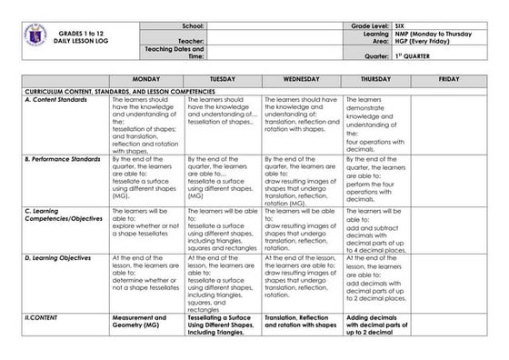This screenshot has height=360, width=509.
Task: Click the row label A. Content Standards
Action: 56,99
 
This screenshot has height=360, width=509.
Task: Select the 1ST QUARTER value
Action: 415,55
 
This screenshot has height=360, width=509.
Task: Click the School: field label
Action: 193,25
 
